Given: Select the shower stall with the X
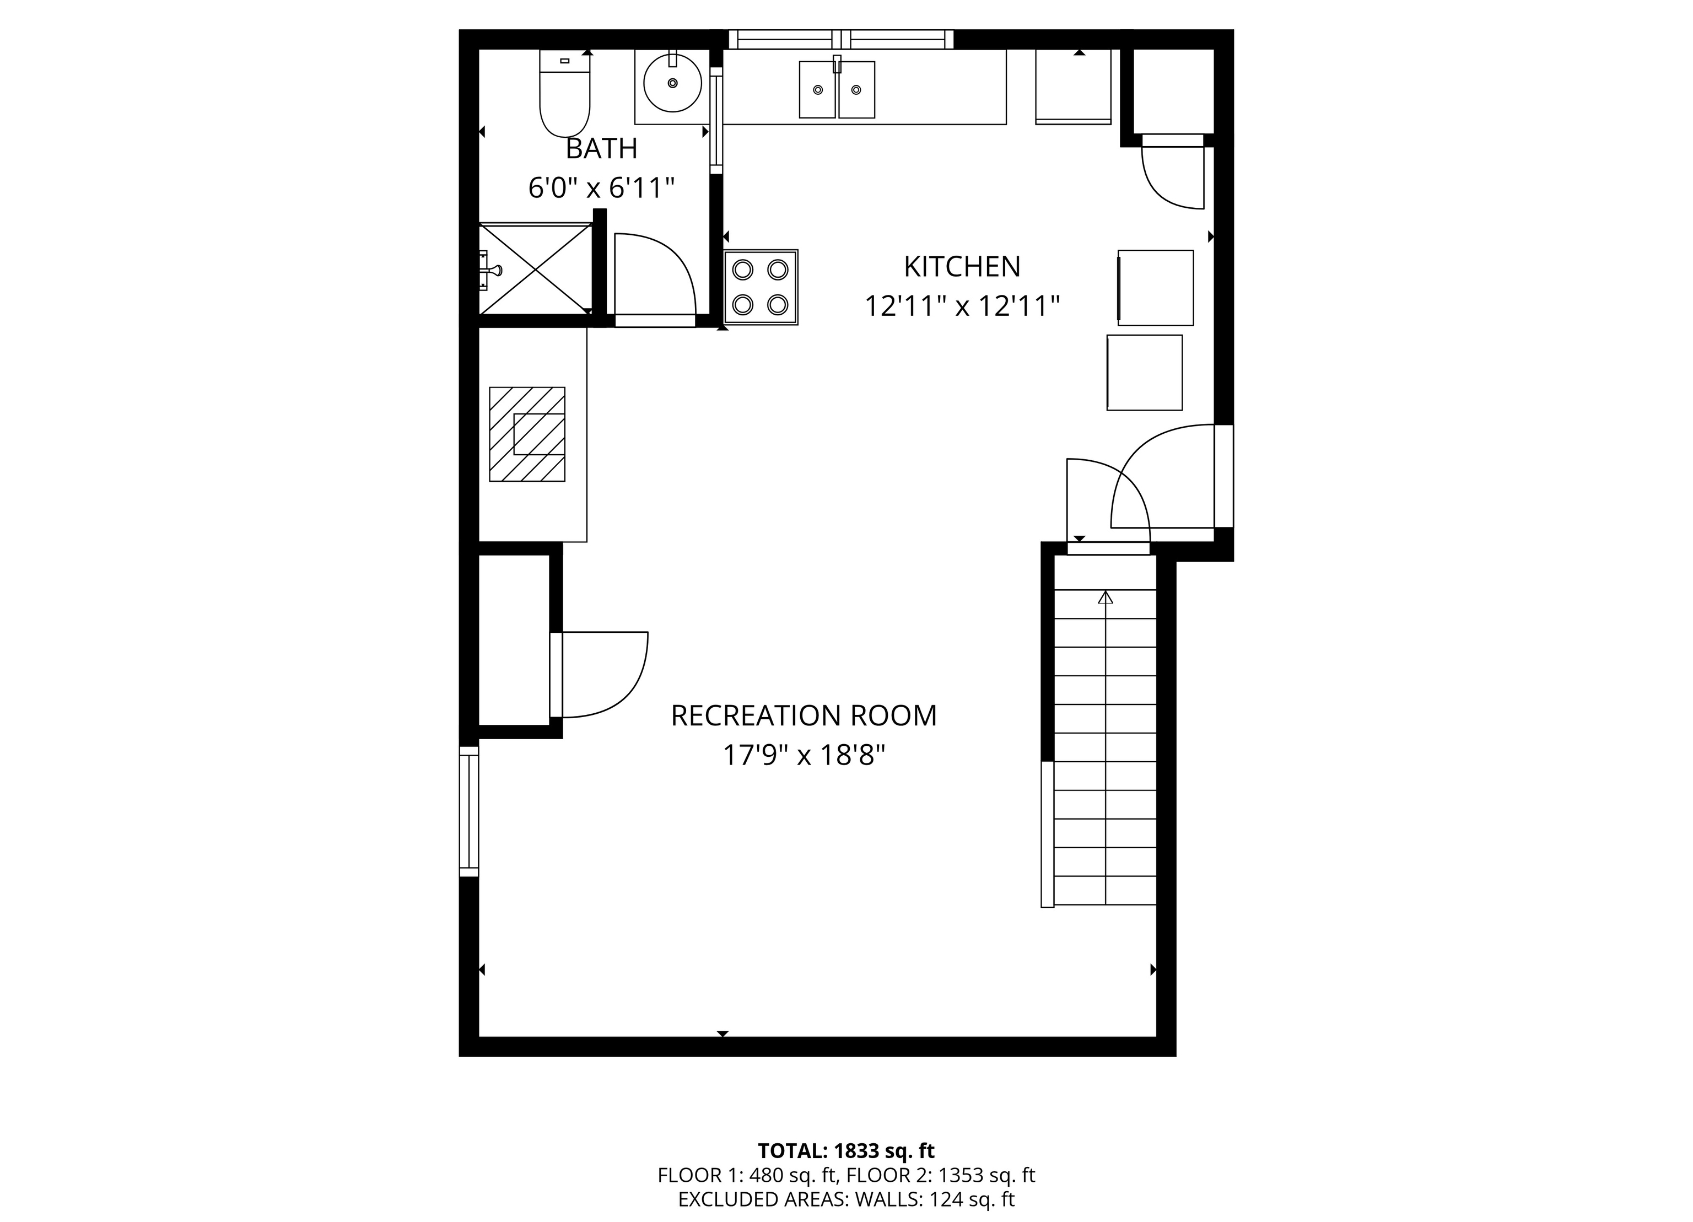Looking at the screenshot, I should point(535,270).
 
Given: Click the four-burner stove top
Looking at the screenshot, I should point(761,287).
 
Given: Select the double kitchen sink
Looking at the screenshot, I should point(837,90).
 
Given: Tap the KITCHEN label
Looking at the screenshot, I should point(962,266).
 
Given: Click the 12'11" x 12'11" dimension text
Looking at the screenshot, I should point(962,306).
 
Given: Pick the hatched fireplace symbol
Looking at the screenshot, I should point(527,434).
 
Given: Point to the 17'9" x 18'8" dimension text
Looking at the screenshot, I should point(803,756).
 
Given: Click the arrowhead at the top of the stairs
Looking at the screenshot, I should point(1106,597).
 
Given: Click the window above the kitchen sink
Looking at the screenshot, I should point(842,39).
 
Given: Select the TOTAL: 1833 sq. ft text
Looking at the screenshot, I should point(846,1150).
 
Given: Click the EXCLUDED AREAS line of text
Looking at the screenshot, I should point(846,1199).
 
